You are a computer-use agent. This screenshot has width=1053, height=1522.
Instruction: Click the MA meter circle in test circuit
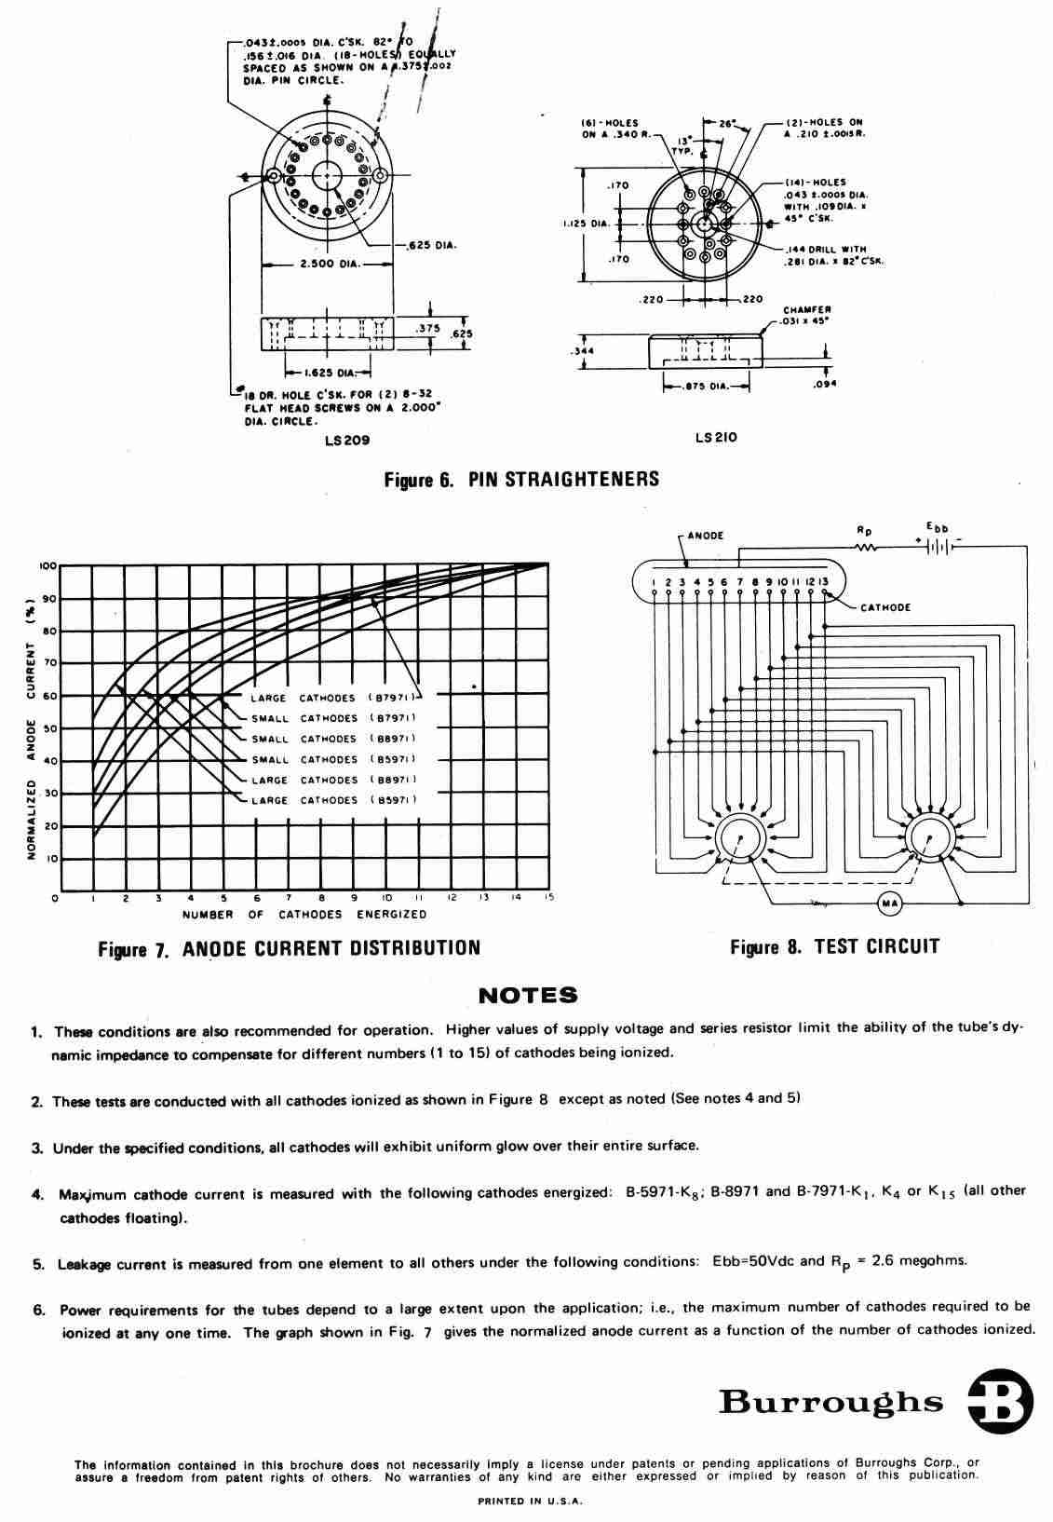click(888, 903)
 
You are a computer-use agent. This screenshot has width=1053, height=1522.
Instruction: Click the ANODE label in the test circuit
click(706, 536)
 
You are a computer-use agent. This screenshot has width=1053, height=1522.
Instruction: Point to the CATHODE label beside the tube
click(885, 608)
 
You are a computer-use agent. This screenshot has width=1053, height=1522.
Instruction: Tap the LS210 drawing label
click(716, 438)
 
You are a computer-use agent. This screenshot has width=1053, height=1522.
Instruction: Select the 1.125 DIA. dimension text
click(586, 223)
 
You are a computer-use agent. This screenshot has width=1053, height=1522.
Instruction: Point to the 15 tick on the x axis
click(549, 898)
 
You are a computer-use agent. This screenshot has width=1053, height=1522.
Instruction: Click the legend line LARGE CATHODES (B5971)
click(333, 800)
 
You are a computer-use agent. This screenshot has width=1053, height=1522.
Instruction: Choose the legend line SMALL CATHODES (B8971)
click(333, 739)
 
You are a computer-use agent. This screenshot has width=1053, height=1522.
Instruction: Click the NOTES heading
click(527, 996)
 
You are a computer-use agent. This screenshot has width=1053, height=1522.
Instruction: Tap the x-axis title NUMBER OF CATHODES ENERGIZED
click(304, 915)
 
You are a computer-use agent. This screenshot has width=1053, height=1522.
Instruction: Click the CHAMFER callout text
click(806, 310)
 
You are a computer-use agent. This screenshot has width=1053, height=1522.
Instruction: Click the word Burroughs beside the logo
click(830, 1402)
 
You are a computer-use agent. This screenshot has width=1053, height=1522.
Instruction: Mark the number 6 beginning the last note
click(39, 1309)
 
